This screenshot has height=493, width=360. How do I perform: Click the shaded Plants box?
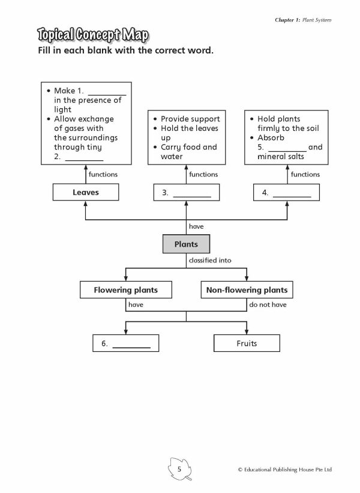coord(186,244)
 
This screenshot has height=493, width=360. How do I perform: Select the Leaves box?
coord(86,192)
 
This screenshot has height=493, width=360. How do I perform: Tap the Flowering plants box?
coord(125,290)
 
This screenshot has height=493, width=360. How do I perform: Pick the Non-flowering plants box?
coord(247,290)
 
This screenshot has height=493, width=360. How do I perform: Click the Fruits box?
coord(247,343)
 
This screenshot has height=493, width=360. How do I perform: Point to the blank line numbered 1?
coord(107,95)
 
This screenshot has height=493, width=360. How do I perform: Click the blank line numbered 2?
coord(84,160)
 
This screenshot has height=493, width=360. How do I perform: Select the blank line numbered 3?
coord(192,197)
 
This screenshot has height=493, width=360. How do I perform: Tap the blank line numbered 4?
coord(292,197)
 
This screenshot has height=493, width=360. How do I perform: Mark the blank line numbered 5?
coord(287,151)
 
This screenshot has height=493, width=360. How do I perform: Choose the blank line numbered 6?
coord(131,348)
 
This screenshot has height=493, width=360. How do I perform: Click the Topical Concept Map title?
coord(93,35)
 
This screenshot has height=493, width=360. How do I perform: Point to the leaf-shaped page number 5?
coord(179,469)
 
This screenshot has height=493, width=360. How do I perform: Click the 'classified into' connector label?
coord(210,261)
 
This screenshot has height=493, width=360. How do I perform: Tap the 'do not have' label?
coord(268,304)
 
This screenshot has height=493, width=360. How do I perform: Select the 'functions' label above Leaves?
coord(103,174)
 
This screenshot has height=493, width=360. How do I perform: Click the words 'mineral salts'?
coord(281,156)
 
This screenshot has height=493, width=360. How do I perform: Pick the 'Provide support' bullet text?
coord(190,119)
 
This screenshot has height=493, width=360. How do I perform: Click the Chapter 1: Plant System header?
coord(303,20)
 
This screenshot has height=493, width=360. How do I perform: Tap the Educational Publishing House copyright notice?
coord(285,470)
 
